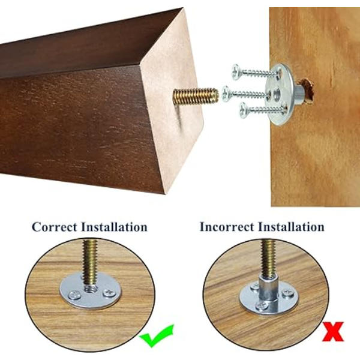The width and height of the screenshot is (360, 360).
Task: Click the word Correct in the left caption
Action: pos(55,227)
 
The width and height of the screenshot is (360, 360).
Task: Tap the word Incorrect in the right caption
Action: pos(227,227)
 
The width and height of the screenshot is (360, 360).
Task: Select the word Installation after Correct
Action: pos(115,227)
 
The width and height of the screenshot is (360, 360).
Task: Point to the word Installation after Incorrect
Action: pos(292,227)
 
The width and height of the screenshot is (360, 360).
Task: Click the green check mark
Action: pos(157,335)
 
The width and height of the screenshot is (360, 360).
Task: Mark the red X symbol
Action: pos(333,332)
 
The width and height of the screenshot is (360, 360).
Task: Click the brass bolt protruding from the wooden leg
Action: pos(196,97)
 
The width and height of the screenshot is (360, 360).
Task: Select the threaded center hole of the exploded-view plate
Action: pos(277,94)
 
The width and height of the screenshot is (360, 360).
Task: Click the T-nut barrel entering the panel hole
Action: pos(298,93)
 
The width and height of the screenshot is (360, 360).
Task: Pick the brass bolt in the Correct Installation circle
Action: pos(90,266)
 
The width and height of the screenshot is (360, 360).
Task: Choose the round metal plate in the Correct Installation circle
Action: pos(90,291)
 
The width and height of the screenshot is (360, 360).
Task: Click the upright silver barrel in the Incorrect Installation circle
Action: pos(268,290)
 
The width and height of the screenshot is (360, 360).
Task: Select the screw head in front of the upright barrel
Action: pos(262,305)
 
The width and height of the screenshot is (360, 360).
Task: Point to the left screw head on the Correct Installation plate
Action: pos(75,295)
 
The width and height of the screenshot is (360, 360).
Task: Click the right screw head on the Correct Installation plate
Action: pos(109,293)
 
